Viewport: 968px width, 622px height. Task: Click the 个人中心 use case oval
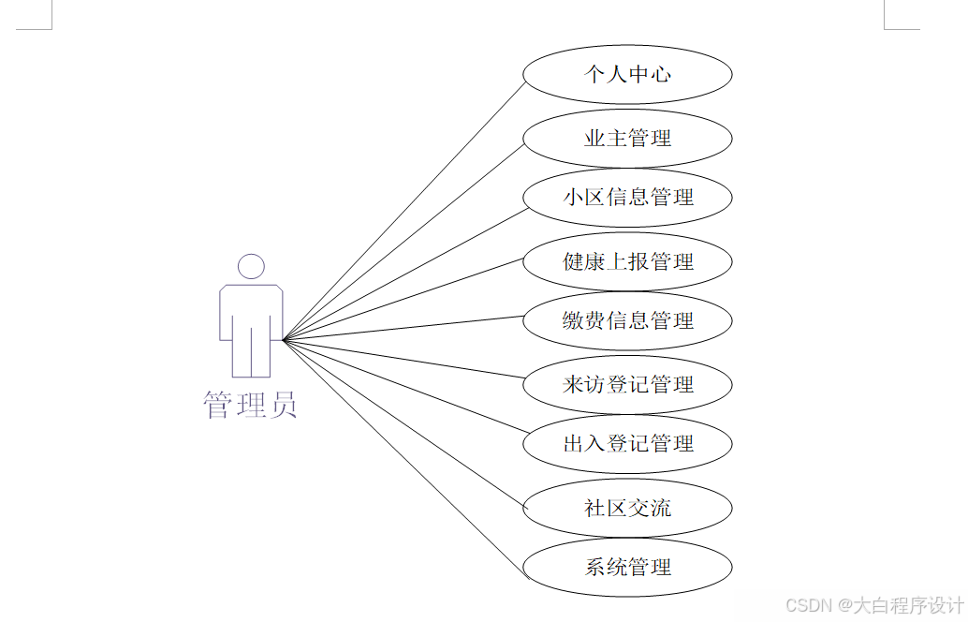pyautogui.click(x=627, y=74)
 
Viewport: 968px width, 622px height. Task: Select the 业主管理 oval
pyautogui.click(x=627, y=139)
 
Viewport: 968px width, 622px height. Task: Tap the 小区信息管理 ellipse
pyautogui.click(x=627, y=198)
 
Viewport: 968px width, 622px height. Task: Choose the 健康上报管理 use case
pyautogui.click(x=627, y=261)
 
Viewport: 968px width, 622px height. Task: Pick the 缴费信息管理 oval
pyautogui.click(x=627, y=320)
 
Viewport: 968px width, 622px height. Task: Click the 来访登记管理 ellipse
pyautogui.click(x=627, y=384)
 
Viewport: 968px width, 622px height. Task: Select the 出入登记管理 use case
pyautogui.click(x=627, y=443)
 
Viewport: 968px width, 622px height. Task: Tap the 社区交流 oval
pyautogui.click(x=627, y=509)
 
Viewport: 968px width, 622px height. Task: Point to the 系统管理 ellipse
pyautogui.click(x=627, y=567)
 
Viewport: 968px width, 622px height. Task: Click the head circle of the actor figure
pyautogui.click(x=251, y=267)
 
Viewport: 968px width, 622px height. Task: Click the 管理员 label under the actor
pyautogui.click(x=250, y=405)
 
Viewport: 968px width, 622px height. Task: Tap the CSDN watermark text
pyautogui.click(x=808, y=605)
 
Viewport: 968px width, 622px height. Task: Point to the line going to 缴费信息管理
pyautogui.click(x=403, y=328)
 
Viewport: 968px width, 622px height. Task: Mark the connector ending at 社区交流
pyautogui.click(x=403, y=424)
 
